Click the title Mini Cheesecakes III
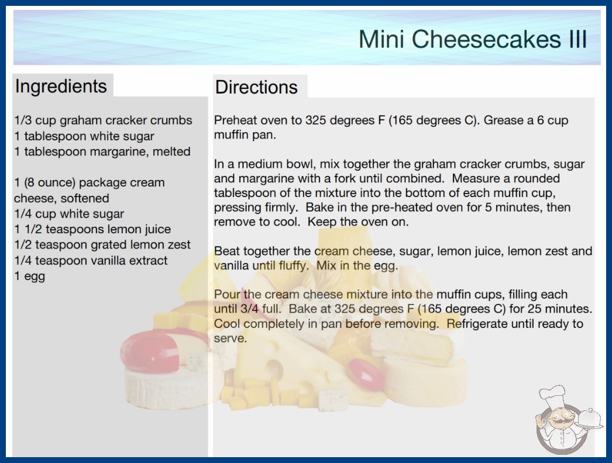click(x=473, y=39)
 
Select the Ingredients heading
click(x=61, y=86)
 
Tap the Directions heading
click(x=256, y=87)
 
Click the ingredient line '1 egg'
click(x=30, y=276)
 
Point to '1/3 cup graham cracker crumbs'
click(x=104, y=120)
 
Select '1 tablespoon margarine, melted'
click(x=102, y=152)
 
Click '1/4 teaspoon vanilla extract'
click(x=91, y=260)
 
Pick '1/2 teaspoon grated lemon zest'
click(x=102, y=245)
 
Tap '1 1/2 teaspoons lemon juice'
click(x=92, y=229)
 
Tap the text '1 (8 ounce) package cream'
click(x=90, y=183)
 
